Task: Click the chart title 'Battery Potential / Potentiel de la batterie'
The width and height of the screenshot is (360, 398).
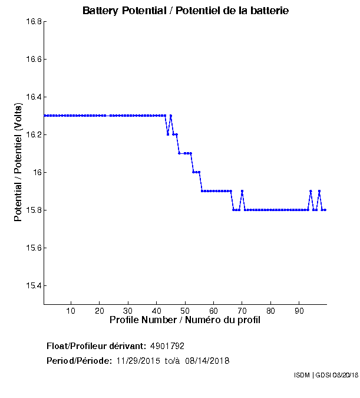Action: (x=186, y=11)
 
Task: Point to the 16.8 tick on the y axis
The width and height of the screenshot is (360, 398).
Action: (x=33, y=22)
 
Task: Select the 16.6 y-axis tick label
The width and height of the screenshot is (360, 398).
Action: (x=33, y=60)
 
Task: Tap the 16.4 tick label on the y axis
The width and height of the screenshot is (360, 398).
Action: (x=33, y=97)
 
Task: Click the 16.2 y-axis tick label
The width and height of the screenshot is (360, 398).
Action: (x=33, y=135)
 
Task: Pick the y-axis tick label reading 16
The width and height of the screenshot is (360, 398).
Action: (x=37, y=173)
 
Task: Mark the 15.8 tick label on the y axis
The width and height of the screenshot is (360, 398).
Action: (x=33, y=210)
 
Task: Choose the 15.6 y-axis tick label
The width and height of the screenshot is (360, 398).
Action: (x=33, y=248)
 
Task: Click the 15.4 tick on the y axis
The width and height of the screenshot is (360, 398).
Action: (x=33, y=286)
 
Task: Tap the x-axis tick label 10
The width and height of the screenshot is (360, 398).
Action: (x=71, y=311)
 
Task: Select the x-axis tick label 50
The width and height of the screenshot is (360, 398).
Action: (x=185, y=311)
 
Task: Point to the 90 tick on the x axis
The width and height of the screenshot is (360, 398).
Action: (x=299, y=311)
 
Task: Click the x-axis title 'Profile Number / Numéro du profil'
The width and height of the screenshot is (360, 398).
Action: (x=185, y=320)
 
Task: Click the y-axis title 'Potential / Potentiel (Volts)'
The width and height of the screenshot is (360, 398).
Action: (x=19, y=162)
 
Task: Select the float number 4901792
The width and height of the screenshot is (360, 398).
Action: (x=171, y=346)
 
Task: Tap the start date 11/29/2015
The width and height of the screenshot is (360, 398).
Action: (x=138, y=360)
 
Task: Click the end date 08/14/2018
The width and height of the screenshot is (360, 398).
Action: (x=207, y=360)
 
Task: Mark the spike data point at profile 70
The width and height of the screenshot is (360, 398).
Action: (x=242, y=191)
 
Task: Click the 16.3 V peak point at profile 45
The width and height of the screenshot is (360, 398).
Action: (x=171, y=116)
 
